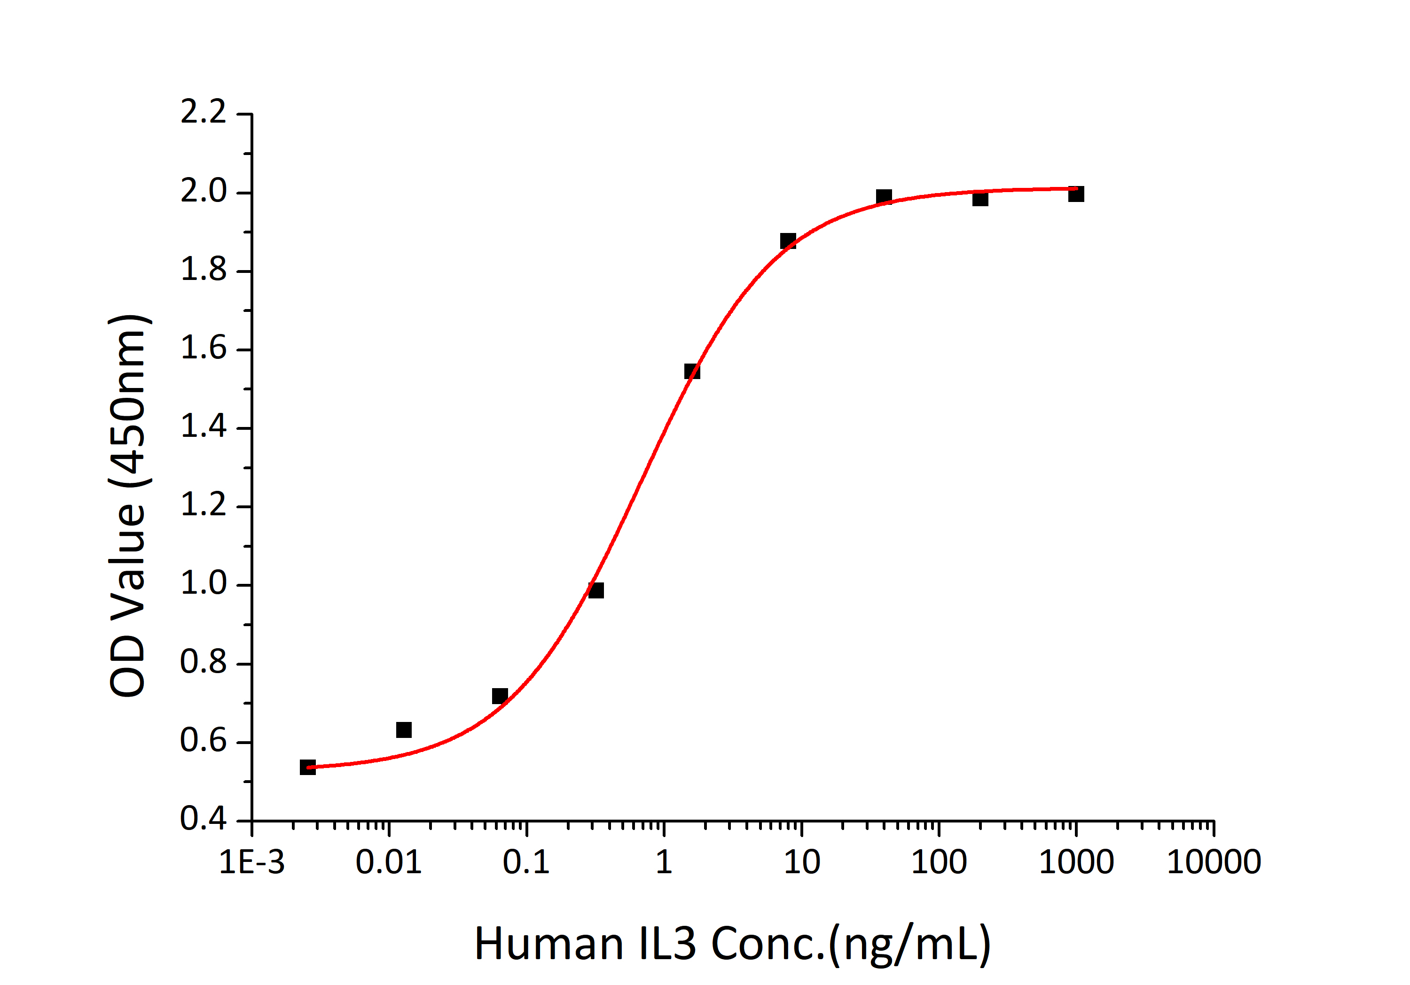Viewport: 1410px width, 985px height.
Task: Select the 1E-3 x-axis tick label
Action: (x=252, y=862)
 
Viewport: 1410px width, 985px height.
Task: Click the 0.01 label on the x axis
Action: (x=389, y=862)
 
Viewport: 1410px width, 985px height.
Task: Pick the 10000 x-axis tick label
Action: (x=1214, y=862)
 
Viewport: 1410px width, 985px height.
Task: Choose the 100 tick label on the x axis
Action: (x=939, y=862)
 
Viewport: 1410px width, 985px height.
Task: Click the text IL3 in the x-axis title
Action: (x=667, y=945)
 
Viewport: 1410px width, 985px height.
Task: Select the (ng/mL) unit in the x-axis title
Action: (x=909, y=945)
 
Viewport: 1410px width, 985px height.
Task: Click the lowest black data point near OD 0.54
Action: (x=308, y=767)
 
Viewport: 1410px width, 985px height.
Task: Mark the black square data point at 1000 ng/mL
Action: (x=1076, y=194)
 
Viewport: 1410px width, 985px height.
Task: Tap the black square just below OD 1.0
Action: (x=595, y=590)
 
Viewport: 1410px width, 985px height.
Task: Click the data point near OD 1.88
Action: (x=788, y=240)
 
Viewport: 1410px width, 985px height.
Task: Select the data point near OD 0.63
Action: (x=403, y=729)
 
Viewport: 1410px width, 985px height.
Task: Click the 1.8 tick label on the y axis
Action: (x=203, y=270)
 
